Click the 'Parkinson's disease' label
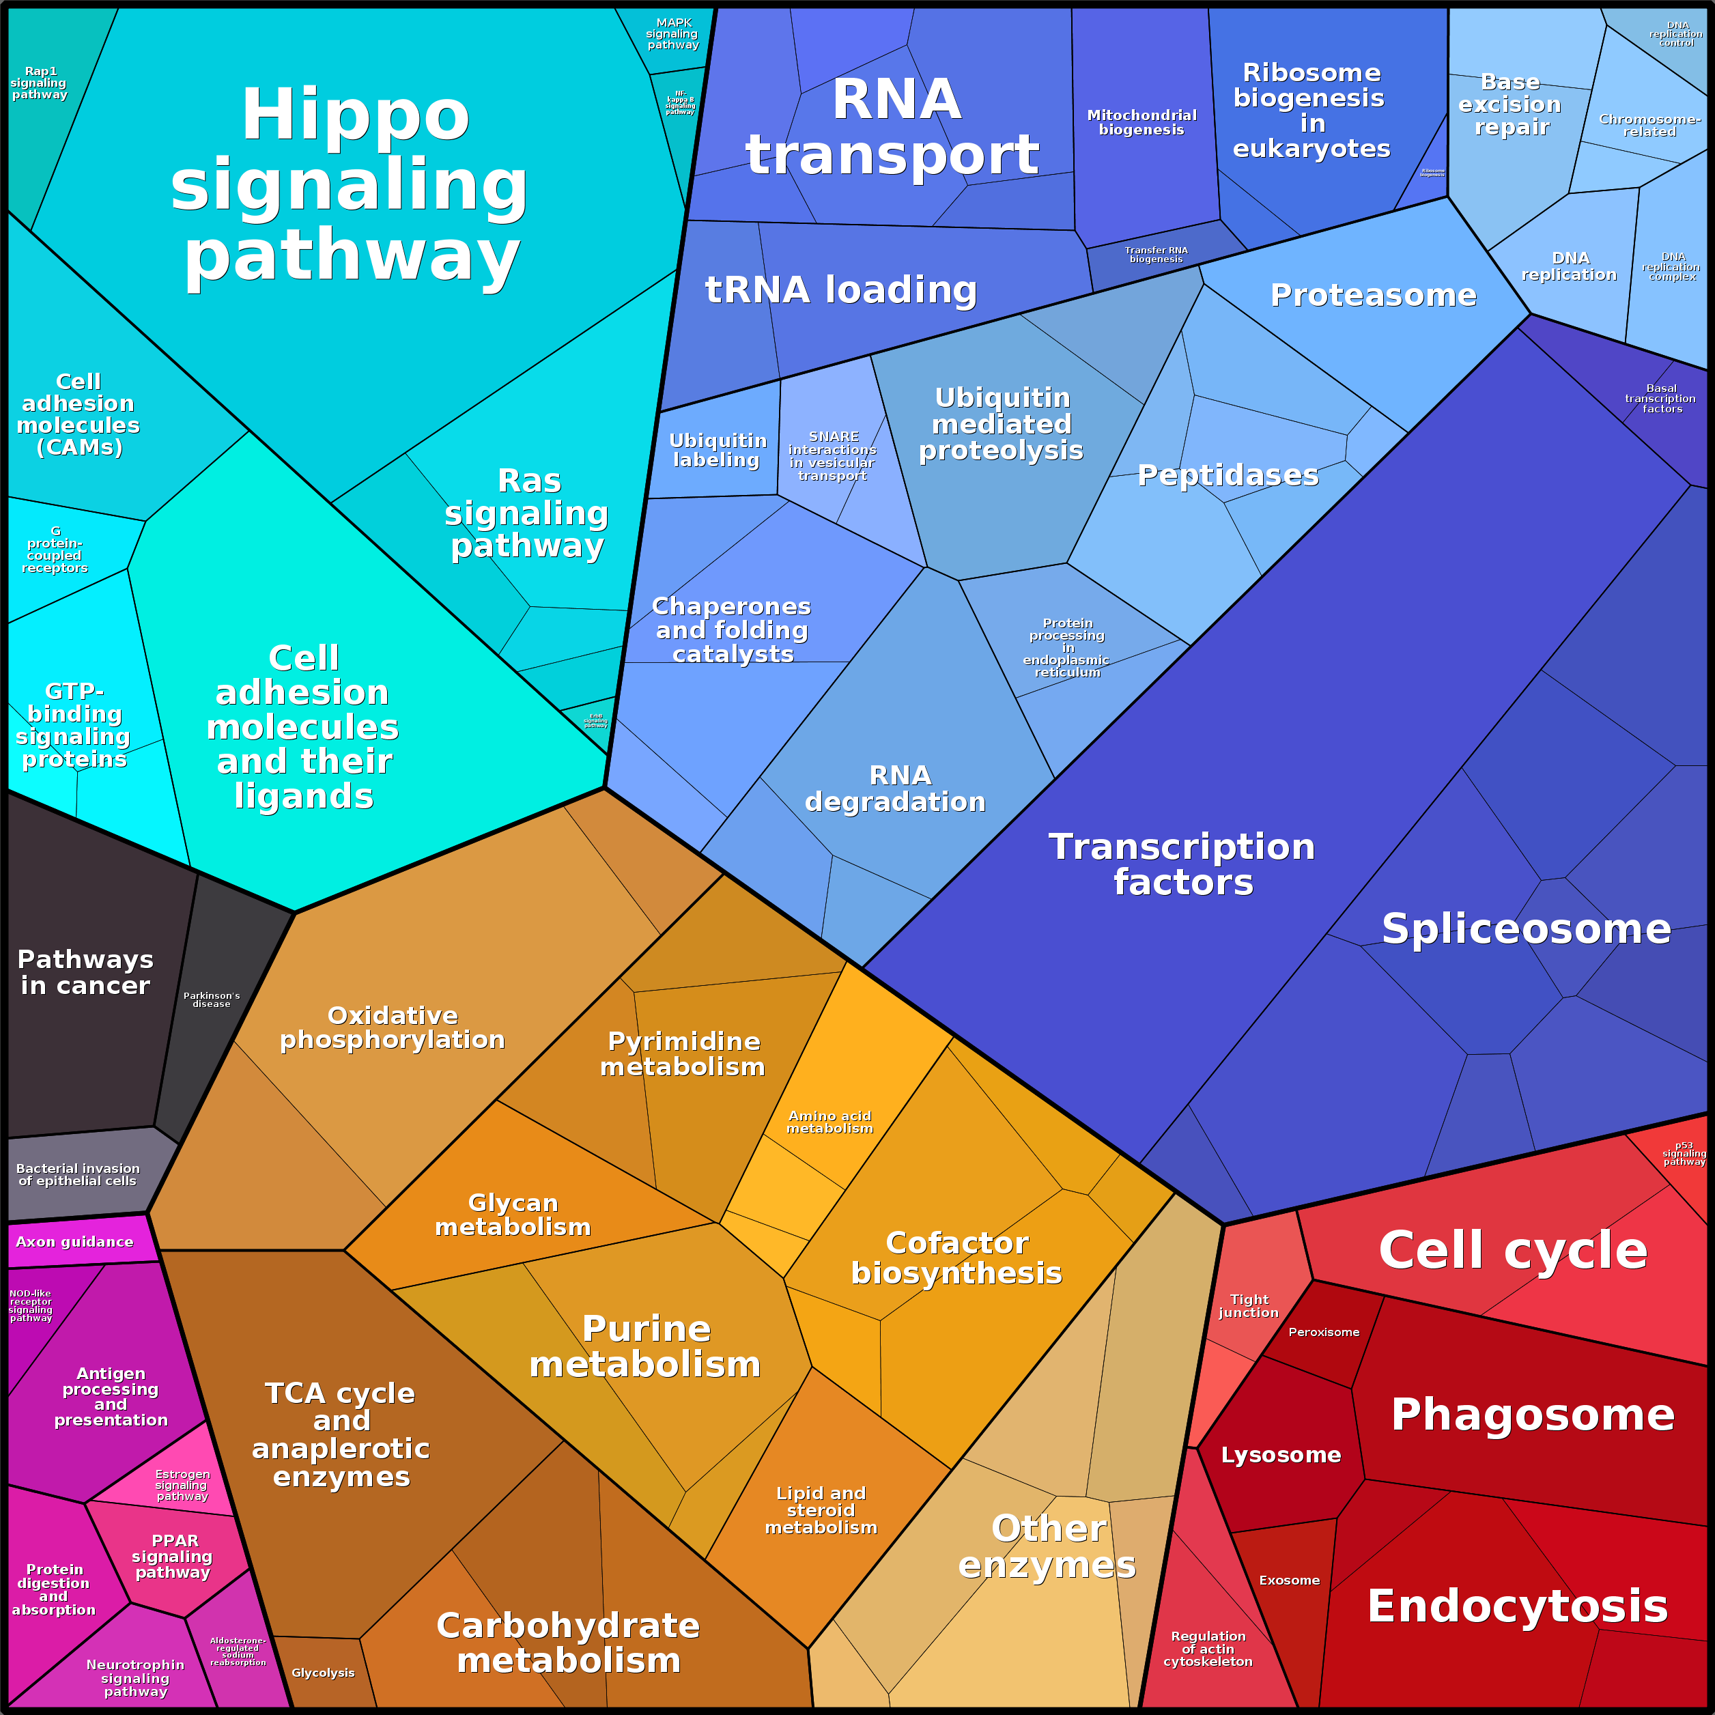coord(211,1000)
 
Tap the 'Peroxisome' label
coord(1324,1331)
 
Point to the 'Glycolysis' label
coord(323,1673)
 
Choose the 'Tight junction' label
coord(1249,1306)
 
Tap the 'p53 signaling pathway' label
coord(1684,1153)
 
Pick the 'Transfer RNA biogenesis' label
coord(1156,255)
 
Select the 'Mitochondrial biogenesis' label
coord(1142,122)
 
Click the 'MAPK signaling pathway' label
coord(673,33)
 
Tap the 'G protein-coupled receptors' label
coord(55,550)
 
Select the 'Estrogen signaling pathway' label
coord(182,1485)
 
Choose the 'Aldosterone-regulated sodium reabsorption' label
coord(238,1651)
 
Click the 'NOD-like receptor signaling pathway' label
coord(31,1306)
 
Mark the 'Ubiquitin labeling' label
coord(718,450)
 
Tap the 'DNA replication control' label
coord(1676,33)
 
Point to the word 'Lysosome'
coord(1281,1455)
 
